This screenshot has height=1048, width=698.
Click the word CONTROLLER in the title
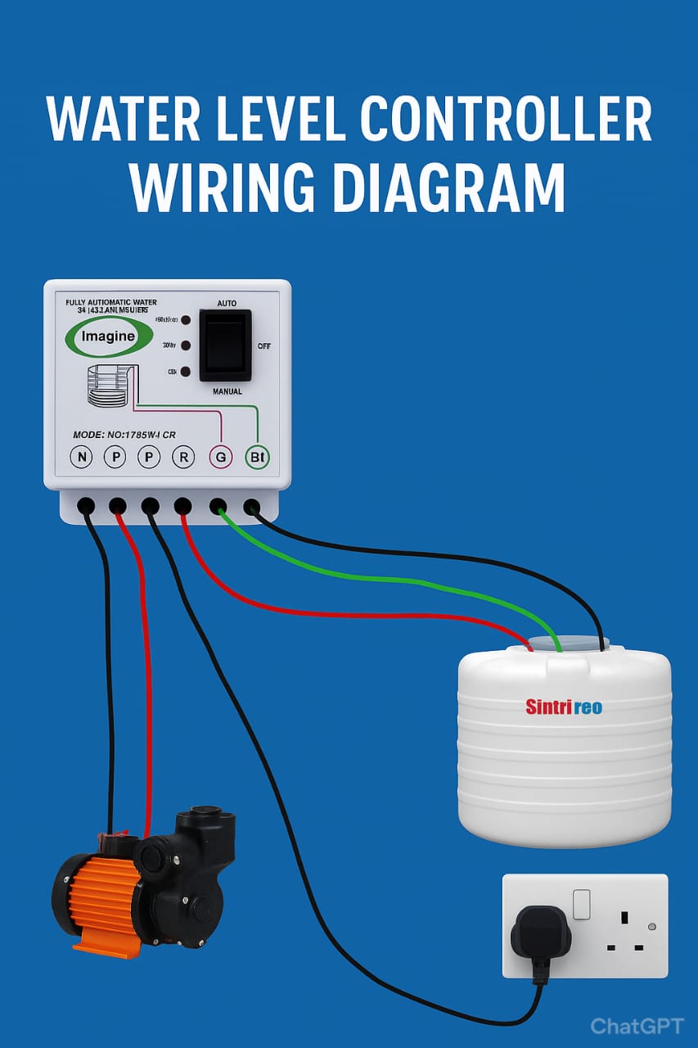click(506, 120)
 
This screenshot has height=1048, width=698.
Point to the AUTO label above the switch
click(227, 303)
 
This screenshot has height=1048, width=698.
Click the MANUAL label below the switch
click(227, 391)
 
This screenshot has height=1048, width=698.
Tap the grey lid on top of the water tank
click(565, 647)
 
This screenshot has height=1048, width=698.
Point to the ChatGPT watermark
click(636, 1026)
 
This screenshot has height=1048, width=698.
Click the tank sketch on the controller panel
click(107, 387)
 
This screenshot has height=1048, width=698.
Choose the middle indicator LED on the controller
click(186, 346)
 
